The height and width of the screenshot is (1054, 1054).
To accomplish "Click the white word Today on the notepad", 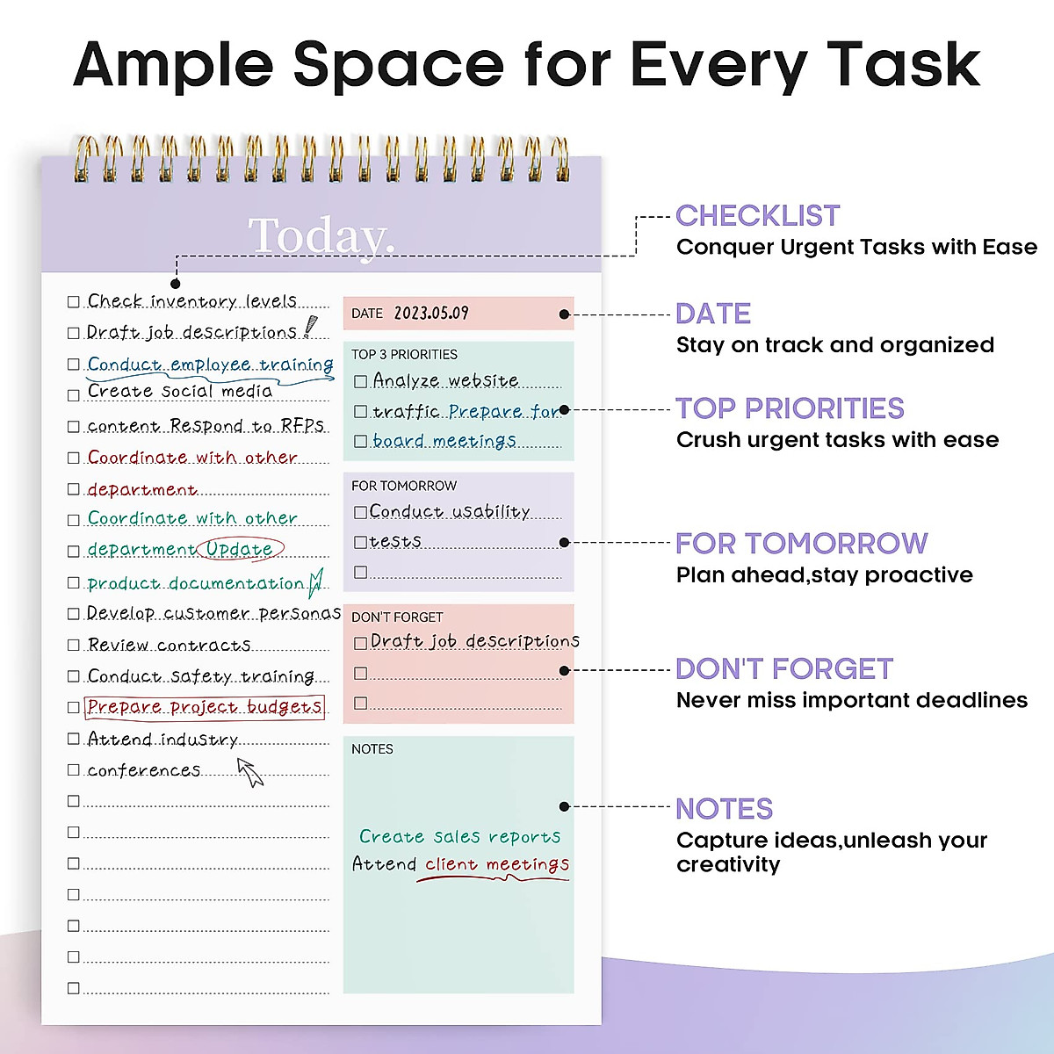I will (321, 236).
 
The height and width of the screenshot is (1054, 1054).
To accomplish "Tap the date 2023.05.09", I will (431, 314).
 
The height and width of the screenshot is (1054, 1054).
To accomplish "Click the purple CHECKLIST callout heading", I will (757, 216).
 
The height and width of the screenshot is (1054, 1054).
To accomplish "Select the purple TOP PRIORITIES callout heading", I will (790, 408).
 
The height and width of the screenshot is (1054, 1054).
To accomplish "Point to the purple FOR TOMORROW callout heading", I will (801, 544).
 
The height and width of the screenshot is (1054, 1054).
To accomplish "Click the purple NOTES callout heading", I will (724, 809).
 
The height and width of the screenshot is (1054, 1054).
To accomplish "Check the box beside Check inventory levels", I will (74, 302).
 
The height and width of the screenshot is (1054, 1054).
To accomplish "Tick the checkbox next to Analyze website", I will (360, 382).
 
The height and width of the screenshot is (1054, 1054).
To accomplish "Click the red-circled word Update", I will (240, 550).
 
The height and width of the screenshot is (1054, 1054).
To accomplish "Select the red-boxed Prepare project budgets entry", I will (205, 708).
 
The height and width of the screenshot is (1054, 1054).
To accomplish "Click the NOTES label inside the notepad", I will (372, 749).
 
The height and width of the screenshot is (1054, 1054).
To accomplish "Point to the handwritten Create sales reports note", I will (459, 837).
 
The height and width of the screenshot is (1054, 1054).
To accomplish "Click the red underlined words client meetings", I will (497, 865).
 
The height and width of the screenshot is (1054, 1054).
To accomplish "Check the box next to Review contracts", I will (74, 646).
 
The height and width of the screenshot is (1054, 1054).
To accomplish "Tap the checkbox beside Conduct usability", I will (360, 512).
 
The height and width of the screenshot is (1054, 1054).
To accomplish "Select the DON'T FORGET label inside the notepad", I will (397, 617).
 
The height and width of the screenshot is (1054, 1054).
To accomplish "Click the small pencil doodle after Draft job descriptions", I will (310, 328).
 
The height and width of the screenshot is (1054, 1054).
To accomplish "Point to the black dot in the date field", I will (564, 314).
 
